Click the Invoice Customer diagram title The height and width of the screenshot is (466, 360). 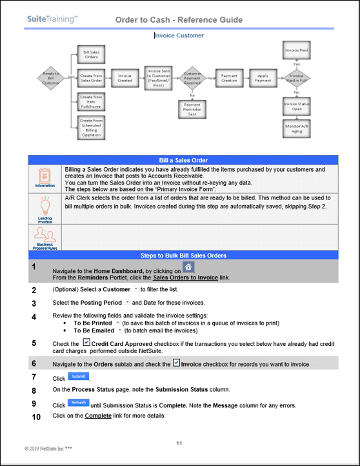[179, 35]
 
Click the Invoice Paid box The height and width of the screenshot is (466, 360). [296, 50]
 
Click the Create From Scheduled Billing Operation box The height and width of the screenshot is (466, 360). [90, 127]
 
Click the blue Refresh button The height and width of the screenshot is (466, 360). [79, 403]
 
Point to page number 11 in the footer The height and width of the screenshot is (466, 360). [179, 443]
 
